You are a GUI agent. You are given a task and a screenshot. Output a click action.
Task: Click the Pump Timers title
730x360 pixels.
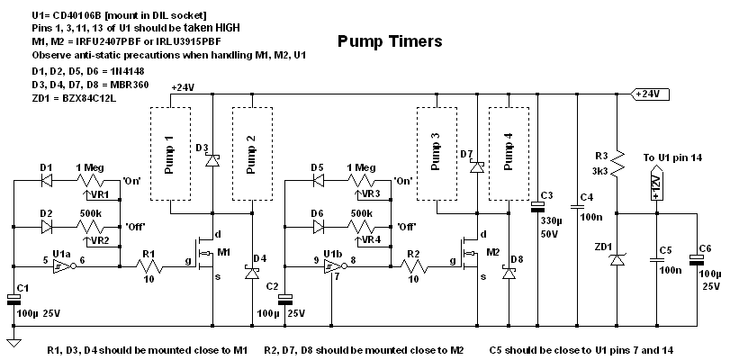coord(389,41)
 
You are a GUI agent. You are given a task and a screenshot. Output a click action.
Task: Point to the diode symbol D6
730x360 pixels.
coord(316,226)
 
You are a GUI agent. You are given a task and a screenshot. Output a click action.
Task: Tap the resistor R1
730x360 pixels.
coord(150,267)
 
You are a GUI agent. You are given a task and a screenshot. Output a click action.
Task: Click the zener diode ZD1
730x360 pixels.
coord(617,259)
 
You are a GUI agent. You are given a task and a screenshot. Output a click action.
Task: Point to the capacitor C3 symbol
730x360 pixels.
coord(538,211)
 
